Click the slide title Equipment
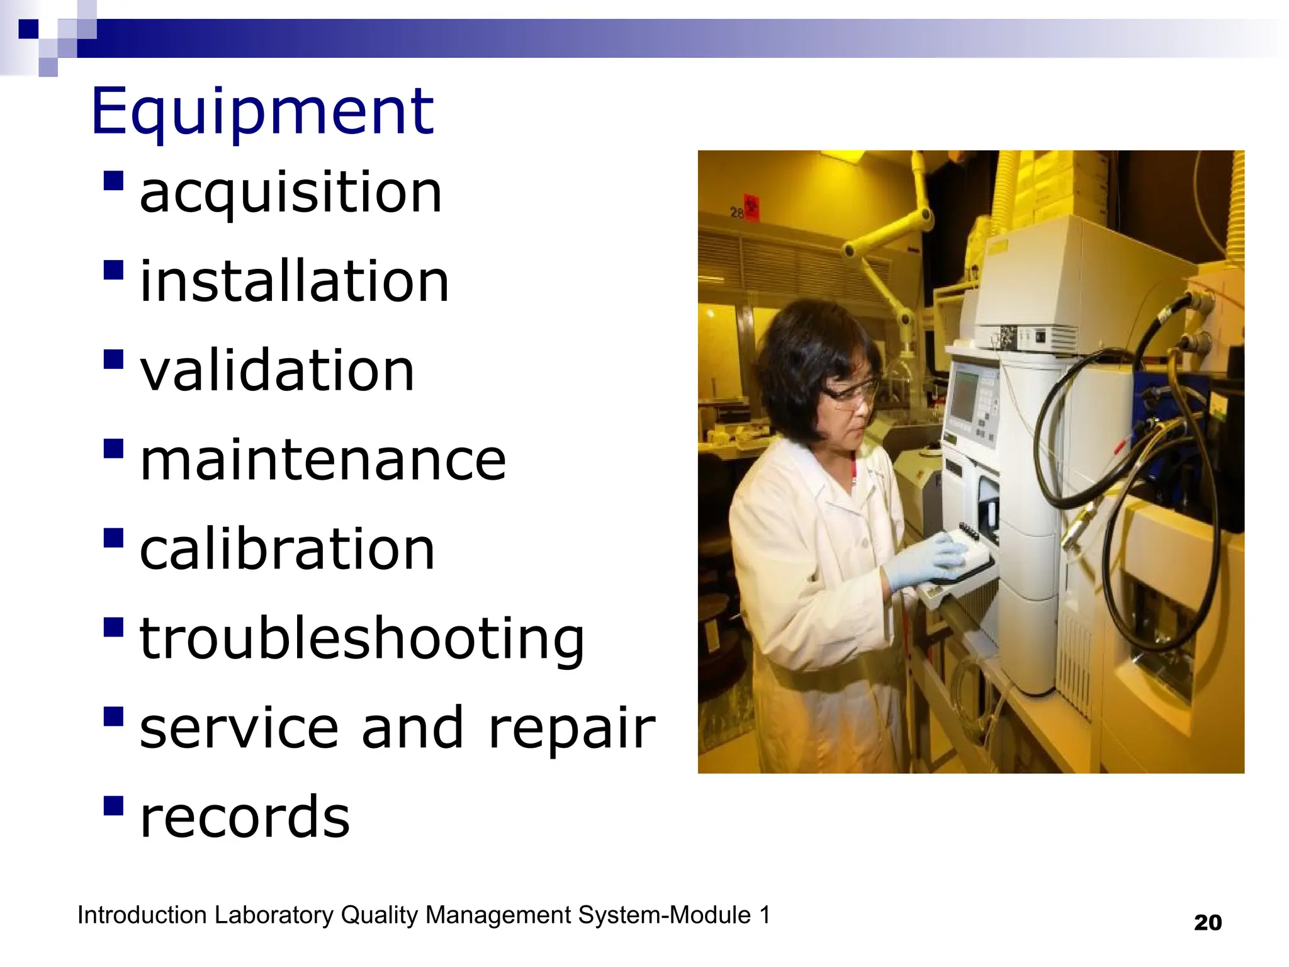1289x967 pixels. click(262, 112)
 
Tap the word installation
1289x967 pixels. click(294, 281)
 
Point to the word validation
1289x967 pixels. click(277, 370)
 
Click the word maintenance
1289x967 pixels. click(323, 460)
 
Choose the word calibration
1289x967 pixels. click(287, 549)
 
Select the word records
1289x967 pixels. click(244, 817)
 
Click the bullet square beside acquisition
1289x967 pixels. click(113, 181)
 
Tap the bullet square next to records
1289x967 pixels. click(113, 806)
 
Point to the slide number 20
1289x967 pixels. click(1207, 923)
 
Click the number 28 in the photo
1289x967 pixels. click(737, 213)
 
